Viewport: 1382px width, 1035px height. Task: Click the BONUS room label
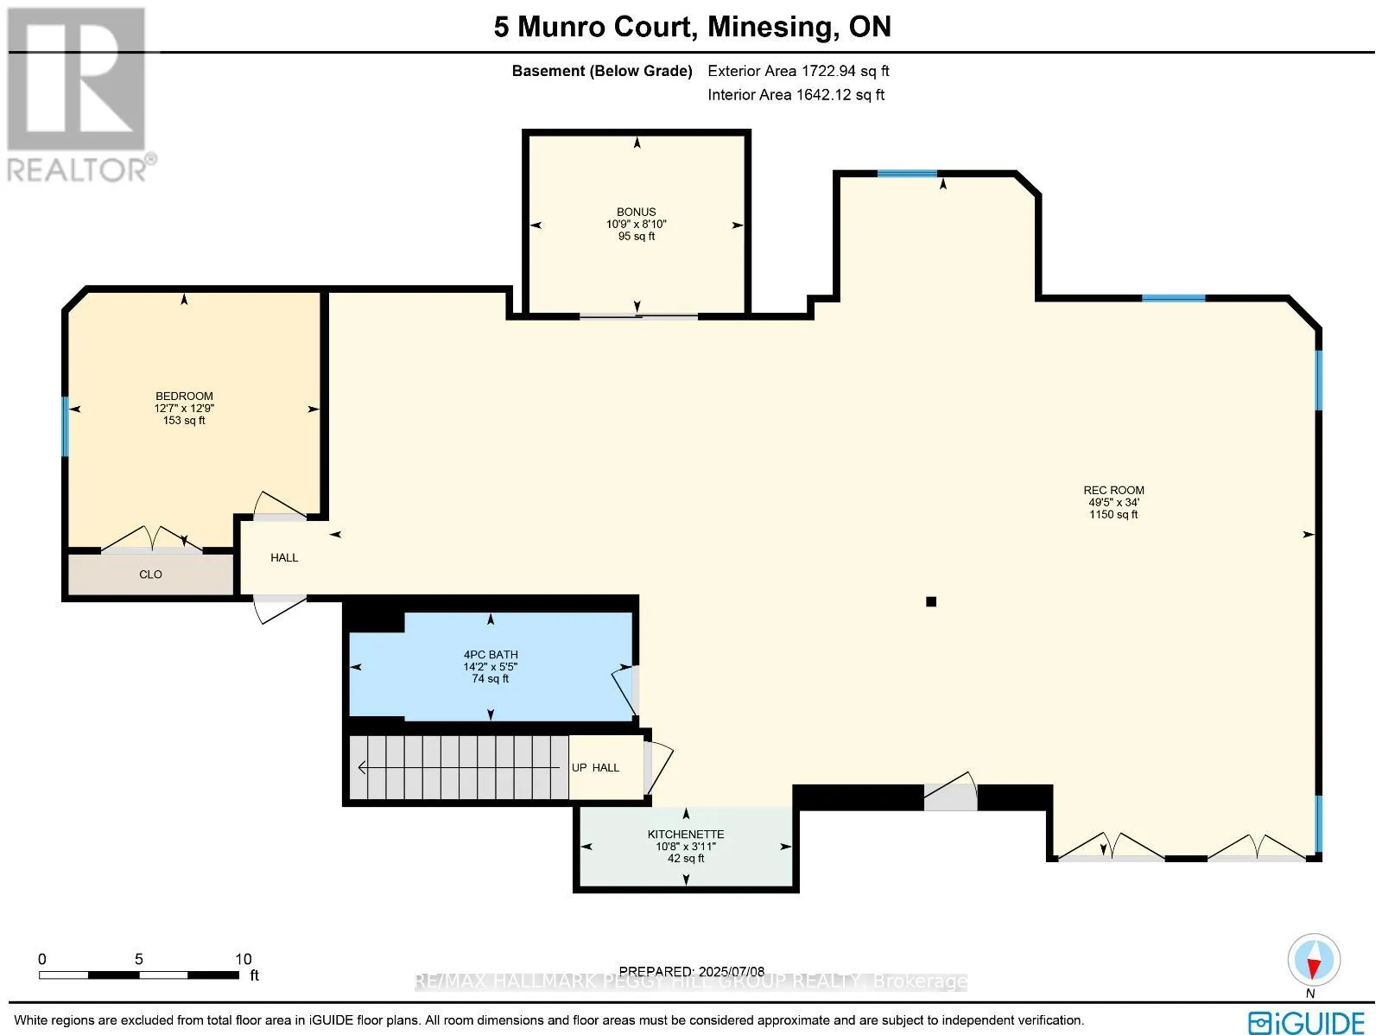click(x=636, y=213)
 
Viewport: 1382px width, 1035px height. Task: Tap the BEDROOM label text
click(x=185, y=396)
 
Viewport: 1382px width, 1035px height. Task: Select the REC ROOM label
click(x=1113, y=491)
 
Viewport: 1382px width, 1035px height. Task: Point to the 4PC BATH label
click(x=491, y=655)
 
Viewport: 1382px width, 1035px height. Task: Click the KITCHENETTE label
click(x=686, y=835)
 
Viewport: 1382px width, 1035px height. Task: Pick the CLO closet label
click(x=150, y=575)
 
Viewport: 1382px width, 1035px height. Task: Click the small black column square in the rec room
click(x=931, y=601)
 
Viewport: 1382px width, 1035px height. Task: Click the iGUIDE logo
click(x=1306, y=1021)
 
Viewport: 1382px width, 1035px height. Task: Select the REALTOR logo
click(x=78, y=95)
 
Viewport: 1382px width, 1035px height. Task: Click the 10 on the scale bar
click(x=243, y=959)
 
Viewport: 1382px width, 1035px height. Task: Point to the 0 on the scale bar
click(x=42, y=959)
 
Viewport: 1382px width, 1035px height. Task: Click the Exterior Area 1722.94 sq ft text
click(x=798, y=71)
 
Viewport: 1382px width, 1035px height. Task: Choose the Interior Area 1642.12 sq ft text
click(x=796, y=95)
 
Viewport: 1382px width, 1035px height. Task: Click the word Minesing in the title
click(x=773, y=27)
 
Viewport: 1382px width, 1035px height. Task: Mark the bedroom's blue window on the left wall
click(x=65, y=426)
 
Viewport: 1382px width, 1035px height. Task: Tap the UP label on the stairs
click(x=580, y=767)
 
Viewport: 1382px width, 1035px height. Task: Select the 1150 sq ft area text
click(x=1113, y=514)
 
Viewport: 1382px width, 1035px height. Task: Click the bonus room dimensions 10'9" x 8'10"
click(x=636, y=224)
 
